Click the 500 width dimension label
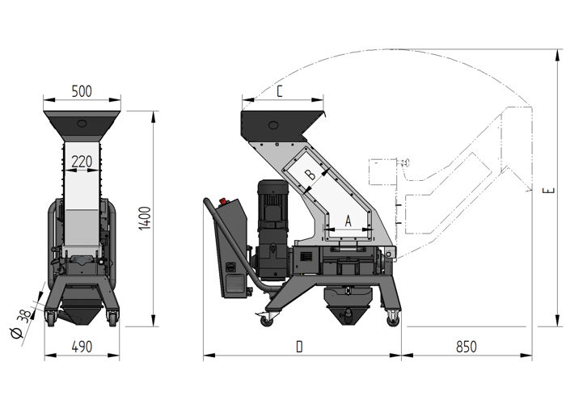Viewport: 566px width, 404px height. pyautogui.click(x=82, y=91)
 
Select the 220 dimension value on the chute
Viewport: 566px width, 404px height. pyautogui.click(x=82, y=162)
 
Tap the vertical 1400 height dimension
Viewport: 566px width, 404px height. pyautogui.click(x=145, y=218)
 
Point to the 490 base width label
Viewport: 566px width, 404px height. pyautogui.click(x=82, y=347)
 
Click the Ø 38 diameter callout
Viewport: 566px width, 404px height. pyautogui.click(x=22, y=324)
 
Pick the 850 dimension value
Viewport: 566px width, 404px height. pyautogui.click(x=467, y=347)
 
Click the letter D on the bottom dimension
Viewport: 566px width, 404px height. pyautogui.click(x=299, y=347)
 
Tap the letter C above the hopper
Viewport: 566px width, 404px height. pyautogui.click(x=280, y=91)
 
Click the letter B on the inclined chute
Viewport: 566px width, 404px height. pyautogui.click(x=310, y=175)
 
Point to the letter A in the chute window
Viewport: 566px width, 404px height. pyautogui.click(x=348, y=221)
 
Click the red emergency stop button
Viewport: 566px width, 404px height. pyautogui.click(x=223, y=200)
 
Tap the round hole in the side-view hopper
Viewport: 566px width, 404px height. pyautogui.click(x=273, y=125)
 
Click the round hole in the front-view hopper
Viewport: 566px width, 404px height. pyautogui.click(x=82, y=124)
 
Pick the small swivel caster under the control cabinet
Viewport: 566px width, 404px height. pyautogui.click(x=266, y=320)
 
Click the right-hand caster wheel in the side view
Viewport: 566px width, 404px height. pyautogui.click(x=393, y=319)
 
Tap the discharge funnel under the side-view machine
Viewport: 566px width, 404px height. pyautogui.click(x=348, y=305)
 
